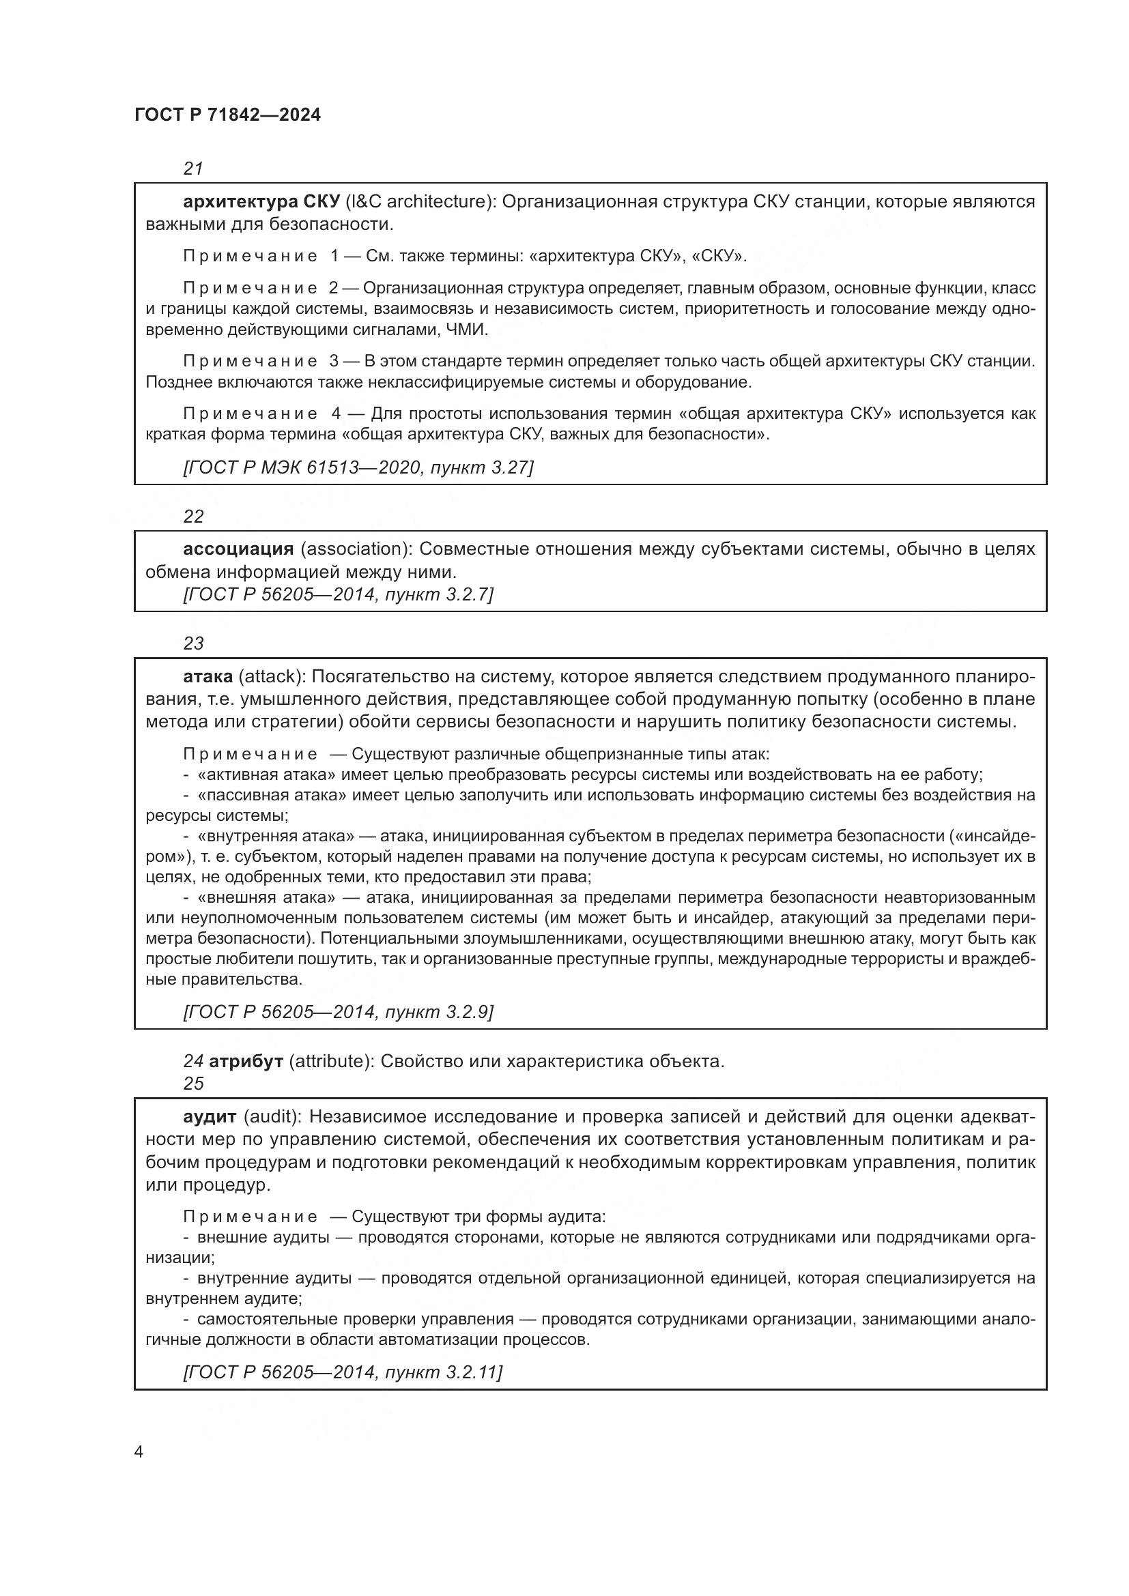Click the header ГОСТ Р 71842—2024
227,115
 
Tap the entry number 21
193,169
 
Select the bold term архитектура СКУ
261,202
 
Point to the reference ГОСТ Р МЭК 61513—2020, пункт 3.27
358,467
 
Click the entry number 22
193,517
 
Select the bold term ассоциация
238,549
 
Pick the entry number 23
193,643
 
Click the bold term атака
208,676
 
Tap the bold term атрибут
246,1062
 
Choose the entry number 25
193,1084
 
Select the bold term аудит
210,1117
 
